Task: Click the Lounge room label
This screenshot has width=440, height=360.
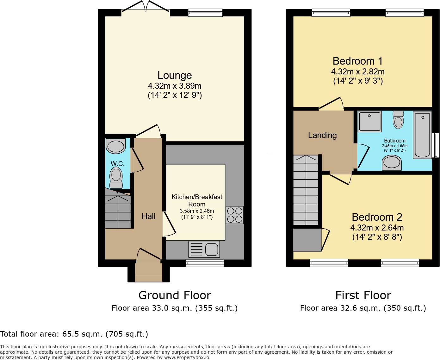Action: click(174, 75)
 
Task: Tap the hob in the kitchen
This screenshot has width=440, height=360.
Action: click(235, 215)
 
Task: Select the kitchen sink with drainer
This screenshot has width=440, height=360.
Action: click(204, 249)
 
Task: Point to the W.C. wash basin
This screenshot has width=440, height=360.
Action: click(115, 146)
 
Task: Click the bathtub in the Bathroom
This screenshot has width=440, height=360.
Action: click(422, 135)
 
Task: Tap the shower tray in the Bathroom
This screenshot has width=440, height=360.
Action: click(370, 121)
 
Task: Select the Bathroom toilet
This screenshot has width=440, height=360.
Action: click(398, 120)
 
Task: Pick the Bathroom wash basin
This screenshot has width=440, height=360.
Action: click(392, 163)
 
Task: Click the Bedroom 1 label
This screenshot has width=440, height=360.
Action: click(357, 61)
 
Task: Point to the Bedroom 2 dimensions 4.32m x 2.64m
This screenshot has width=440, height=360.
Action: click(377, 228)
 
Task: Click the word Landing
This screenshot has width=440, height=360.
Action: click(322, 135)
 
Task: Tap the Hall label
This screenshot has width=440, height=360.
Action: click(148, 216)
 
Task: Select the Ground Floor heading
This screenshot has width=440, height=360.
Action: click(175, 295)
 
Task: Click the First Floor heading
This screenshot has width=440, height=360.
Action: click(363, 295)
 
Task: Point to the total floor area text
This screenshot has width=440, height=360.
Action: click(74, 334)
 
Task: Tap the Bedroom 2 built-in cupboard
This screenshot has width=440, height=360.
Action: click(307, 240)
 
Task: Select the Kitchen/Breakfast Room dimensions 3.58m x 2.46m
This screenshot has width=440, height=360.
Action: click(197, 211)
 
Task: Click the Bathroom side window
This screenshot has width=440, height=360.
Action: click(436, 145)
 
